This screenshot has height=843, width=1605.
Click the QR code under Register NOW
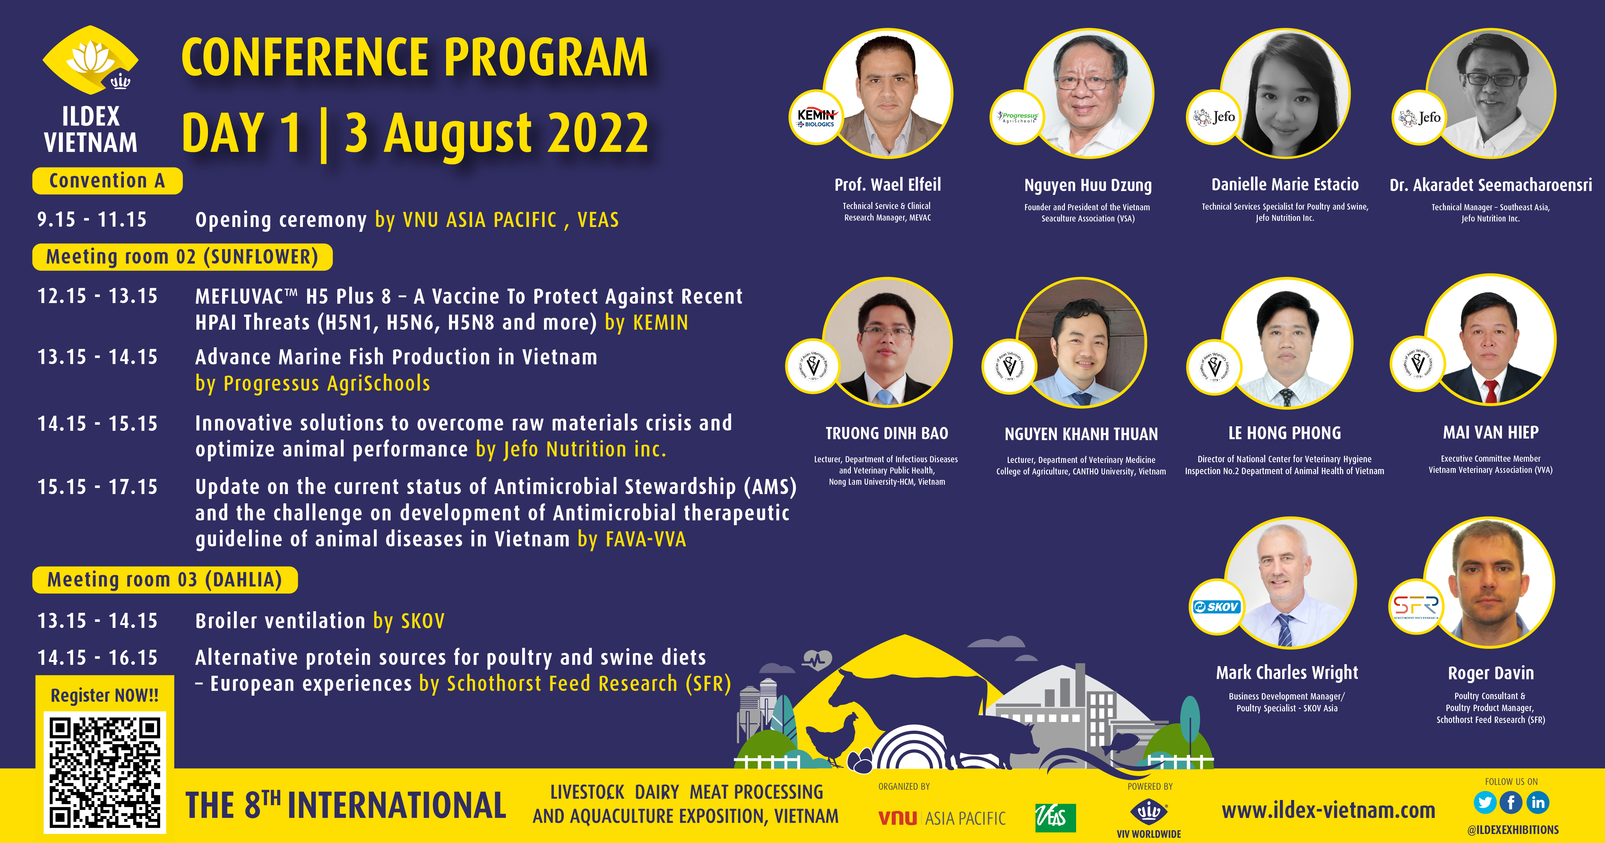tap(105, 773)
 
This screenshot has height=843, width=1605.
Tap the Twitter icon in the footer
tap(1485, 803)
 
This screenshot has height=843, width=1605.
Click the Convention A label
tap(107, 181)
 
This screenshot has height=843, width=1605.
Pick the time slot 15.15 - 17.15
tap(98, 487)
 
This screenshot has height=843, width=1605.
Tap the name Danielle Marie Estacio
tap(1285, 184)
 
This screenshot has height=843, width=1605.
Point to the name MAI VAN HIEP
tap(1490, 432)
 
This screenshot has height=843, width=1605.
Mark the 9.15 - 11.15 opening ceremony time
tap(92, 219)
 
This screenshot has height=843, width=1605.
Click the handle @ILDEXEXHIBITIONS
tap(1513, 830)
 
